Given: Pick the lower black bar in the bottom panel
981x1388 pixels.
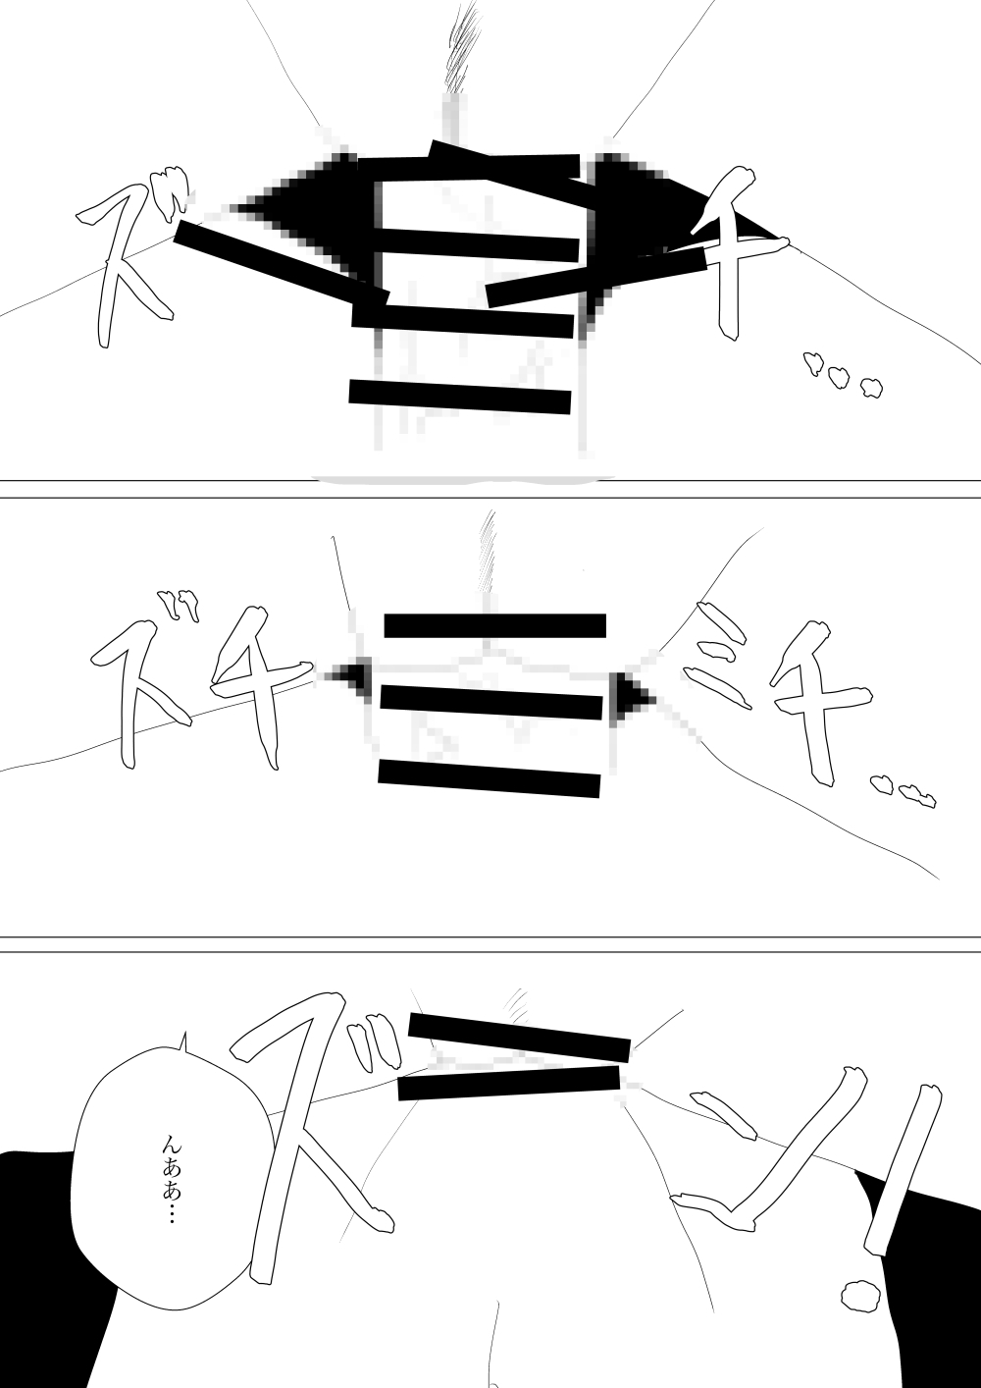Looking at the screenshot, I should (508, 1083).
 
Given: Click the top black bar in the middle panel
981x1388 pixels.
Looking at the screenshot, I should (494, 625).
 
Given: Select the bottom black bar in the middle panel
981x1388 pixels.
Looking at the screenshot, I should (489, 778).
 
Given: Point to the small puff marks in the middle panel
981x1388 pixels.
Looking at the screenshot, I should (904, 791).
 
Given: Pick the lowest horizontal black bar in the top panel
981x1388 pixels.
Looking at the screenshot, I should (460, 397).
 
